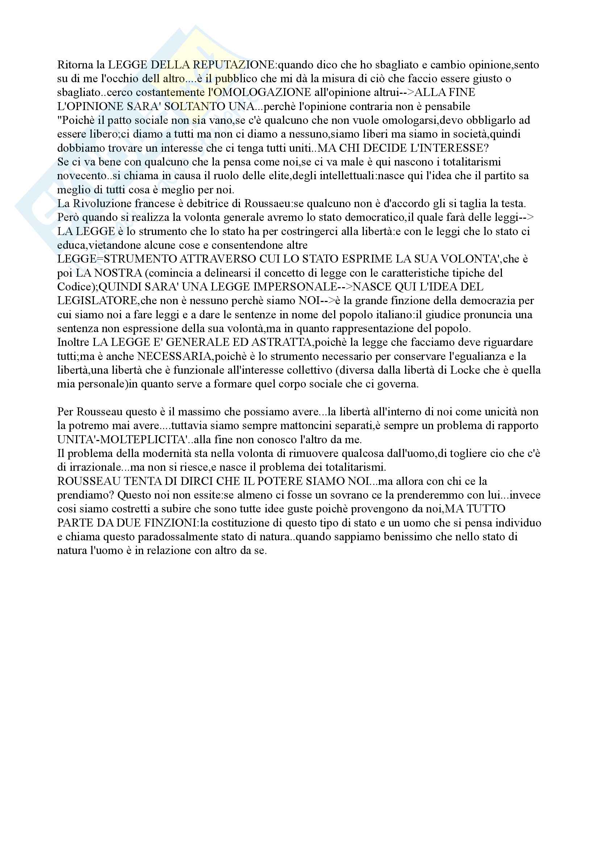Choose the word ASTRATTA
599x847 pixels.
(x=282, y=342)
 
